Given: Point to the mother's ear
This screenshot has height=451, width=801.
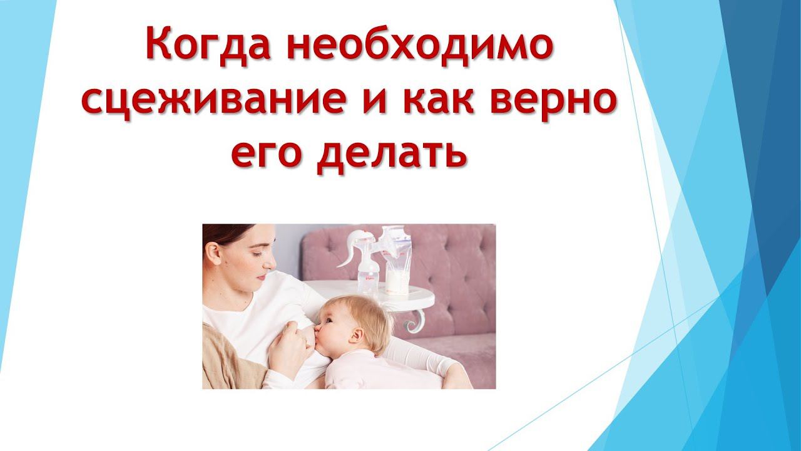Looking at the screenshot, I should pyautogui.click(x=215, y=251).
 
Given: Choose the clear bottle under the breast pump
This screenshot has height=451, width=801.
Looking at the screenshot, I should pyautogui.click(x=369, y=276).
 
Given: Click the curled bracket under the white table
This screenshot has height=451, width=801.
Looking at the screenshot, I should pyautogui.click(x=414, y=320).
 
